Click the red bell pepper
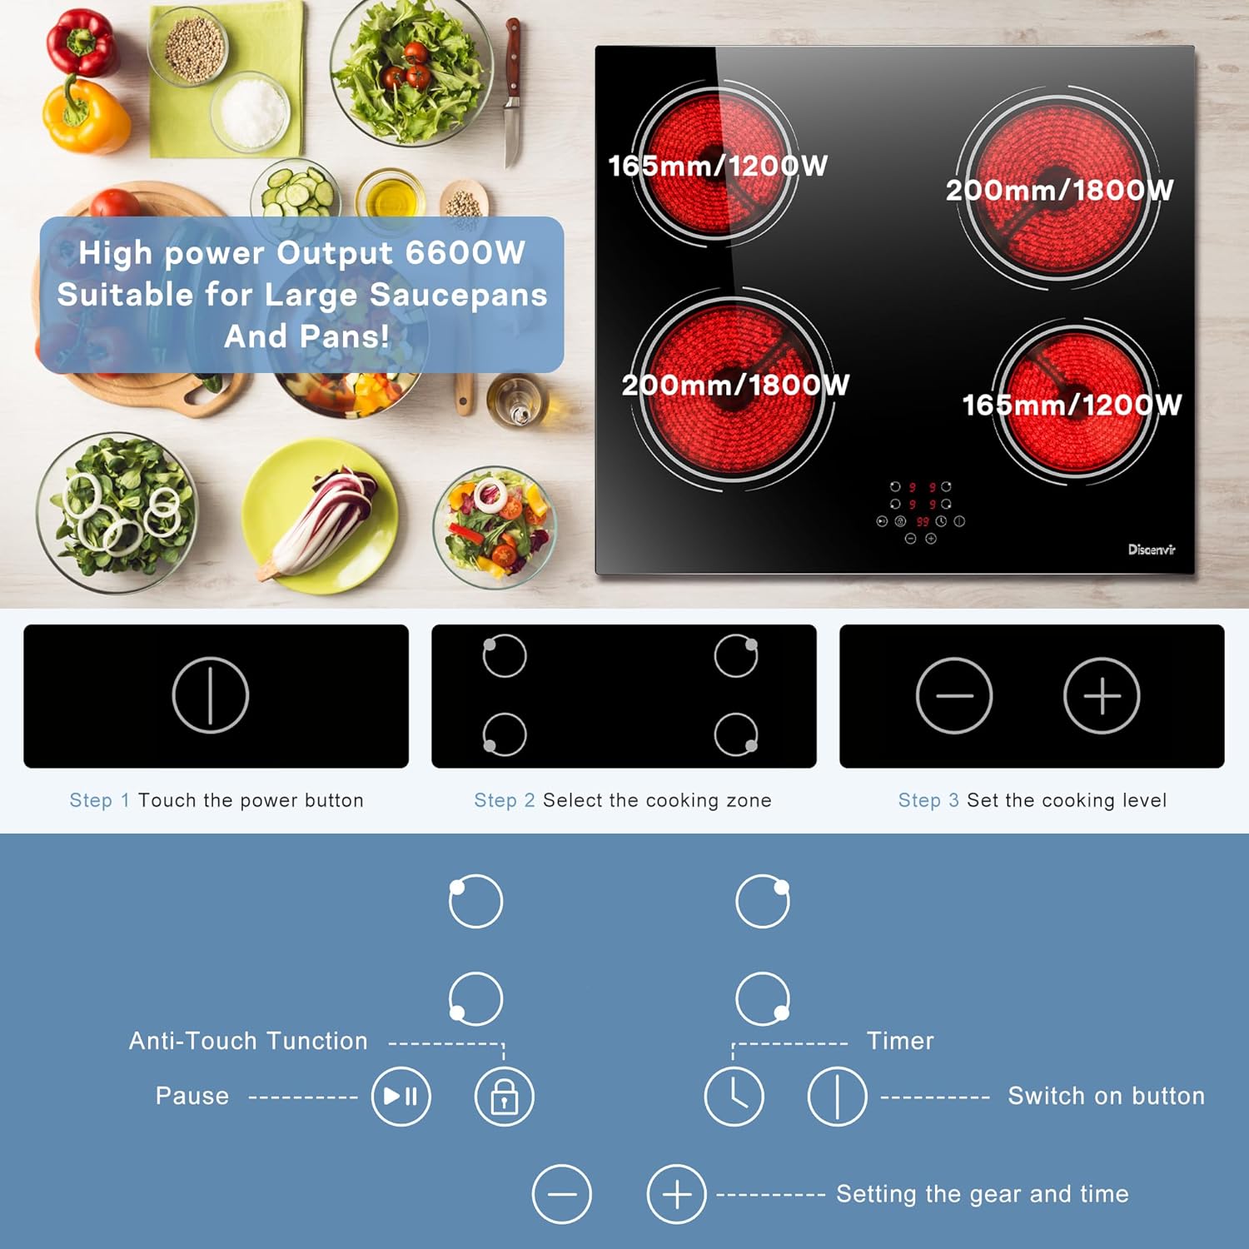click(x=80, y=42)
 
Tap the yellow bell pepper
click(x=85, y=116)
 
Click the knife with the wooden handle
click(x=512, y=92)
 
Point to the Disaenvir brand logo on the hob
click(x=1152, y=550)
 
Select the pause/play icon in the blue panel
click(x=401, y=1096)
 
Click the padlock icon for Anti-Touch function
click(x=504, y=1096)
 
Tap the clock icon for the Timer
click(x=734, y=1096)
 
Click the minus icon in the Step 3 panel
click(x=953, y=695)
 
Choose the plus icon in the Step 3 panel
click(x=1102, y=695)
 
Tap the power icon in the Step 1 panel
click(x=211, y=695)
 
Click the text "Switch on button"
click(x=1106, y=1096)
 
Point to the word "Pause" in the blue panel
click(x=192, y=1096)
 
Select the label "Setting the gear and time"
click(x=983, y=1194)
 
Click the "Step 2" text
click(x=505, y=800)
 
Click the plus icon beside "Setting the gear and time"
click(x=676, y=1194)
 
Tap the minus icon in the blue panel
click(x=562, y=1194)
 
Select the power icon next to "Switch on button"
click(x=837, y=1096)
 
